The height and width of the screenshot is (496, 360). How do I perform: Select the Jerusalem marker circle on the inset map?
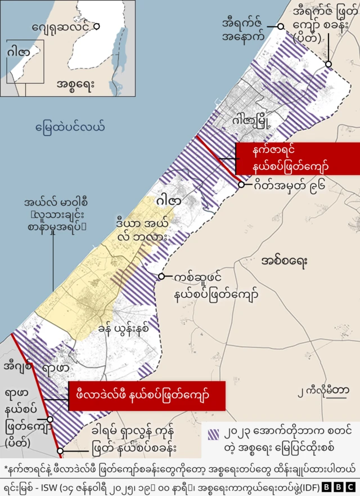coord(97,26)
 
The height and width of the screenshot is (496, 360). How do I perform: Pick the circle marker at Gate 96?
coord(241,184)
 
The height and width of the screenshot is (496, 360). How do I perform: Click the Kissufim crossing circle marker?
coord(161,276)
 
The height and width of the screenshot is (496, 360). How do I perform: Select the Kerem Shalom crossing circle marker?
coord(60,450)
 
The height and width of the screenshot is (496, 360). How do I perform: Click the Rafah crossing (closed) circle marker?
coord(50,419)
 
